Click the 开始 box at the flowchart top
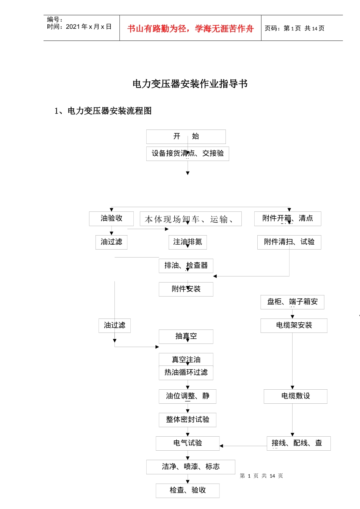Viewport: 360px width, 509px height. [x=186, y=136]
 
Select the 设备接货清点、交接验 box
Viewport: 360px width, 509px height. [x=188, y=153]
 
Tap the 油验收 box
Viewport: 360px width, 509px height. [x=111, y=219]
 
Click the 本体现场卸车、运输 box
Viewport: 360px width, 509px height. [x=191, y=219]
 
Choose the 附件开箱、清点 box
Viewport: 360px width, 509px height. [x=288, y=219]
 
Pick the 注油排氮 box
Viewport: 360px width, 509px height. [x=188, y=242]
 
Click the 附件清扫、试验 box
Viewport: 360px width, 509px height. [x=289, y=242]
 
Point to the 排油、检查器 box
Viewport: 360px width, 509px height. [x=186, y=265]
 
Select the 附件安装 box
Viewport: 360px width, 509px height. [x=186, y=289]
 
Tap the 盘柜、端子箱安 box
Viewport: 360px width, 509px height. [x=292, y=302]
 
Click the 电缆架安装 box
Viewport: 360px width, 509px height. [x=294, y=325]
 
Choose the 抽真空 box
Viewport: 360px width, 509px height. [x=186, y=336]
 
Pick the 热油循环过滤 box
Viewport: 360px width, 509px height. [x=186, y=373]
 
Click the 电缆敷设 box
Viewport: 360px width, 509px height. [x=295, y=396]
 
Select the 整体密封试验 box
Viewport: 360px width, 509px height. [x=188, y=420]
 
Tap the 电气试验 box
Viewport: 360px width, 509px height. [x=188, y=443]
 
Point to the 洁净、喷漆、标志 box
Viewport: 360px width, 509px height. [x=191, y=467]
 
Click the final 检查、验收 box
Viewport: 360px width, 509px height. [x=188, y=490]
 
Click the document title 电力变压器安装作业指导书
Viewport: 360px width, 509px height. [x=190, y=84]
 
